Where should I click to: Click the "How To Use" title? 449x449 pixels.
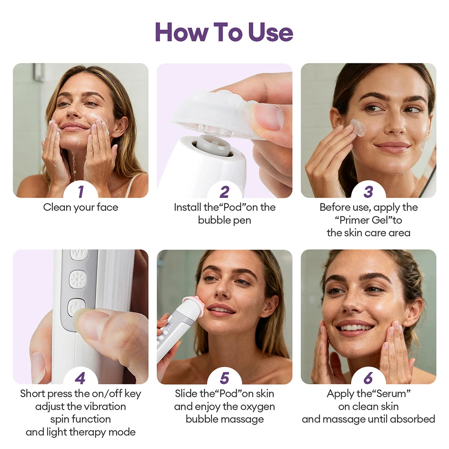(224, 32)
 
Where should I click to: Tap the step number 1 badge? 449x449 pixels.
(80, 192)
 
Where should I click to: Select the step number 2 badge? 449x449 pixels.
(224, 192)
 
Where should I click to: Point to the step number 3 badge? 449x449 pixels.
(368, 192)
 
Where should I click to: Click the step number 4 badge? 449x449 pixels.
(80, 378)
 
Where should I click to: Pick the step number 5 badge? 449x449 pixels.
(224, 378)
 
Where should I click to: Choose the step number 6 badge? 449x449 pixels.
(368, 378)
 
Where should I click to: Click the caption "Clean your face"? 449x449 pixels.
(80, 207)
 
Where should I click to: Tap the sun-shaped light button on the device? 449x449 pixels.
(78, 279)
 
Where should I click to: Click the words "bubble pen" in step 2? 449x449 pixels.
(224, 220)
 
